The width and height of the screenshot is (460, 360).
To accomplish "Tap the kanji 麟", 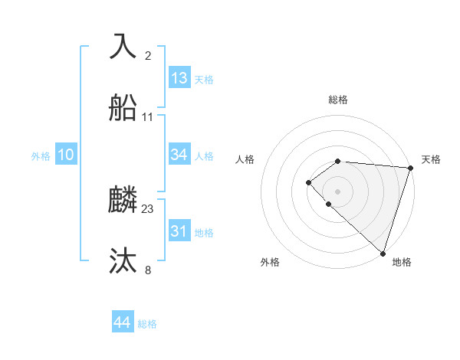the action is [123, 200].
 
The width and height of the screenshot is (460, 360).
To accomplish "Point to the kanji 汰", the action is [123, 261].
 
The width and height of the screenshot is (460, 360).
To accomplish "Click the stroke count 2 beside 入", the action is [148, 56].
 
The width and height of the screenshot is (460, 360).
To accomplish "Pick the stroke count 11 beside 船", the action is [148, 117].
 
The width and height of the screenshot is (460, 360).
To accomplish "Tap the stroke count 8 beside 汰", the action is [148, 270].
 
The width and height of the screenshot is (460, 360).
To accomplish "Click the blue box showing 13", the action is [179, 78].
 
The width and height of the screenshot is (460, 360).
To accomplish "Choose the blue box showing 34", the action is [179, 155].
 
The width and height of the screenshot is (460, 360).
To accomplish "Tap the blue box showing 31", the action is [179, 231].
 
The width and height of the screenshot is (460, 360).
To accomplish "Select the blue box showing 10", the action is [66, 155].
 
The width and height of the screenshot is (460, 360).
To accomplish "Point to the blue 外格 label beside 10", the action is [41, 156].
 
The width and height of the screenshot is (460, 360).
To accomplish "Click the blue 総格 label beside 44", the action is [147, 324].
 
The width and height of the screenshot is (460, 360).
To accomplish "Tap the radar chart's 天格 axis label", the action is [431, 159].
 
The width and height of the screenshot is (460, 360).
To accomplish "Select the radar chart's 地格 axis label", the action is [402, 263].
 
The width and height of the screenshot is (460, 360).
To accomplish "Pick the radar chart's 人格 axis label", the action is [245, 159].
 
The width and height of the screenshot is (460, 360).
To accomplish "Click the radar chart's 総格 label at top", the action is [338, 100].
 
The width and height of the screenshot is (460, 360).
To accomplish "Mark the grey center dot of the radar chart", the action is [338, 191].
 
